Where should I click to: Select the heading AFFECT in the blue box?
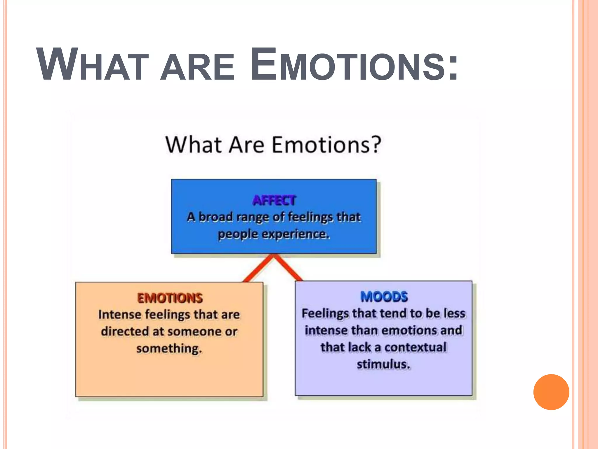click(274, 201)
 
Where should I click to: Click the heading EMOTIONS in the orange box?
click(170, 298)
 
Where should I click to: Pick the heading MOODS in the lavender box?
click(384, 297)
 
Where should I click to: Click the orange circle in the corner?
click(551, 392)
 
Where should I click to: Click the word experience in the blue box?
click(295, 234)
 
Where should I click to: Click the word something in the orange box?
click(169, 348)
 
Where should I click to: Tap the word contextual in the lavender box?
click(415, 347)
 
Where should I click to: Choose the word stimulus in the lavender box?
click(383, 364)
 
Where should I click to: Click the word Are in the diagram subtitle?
click(246, 145)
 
